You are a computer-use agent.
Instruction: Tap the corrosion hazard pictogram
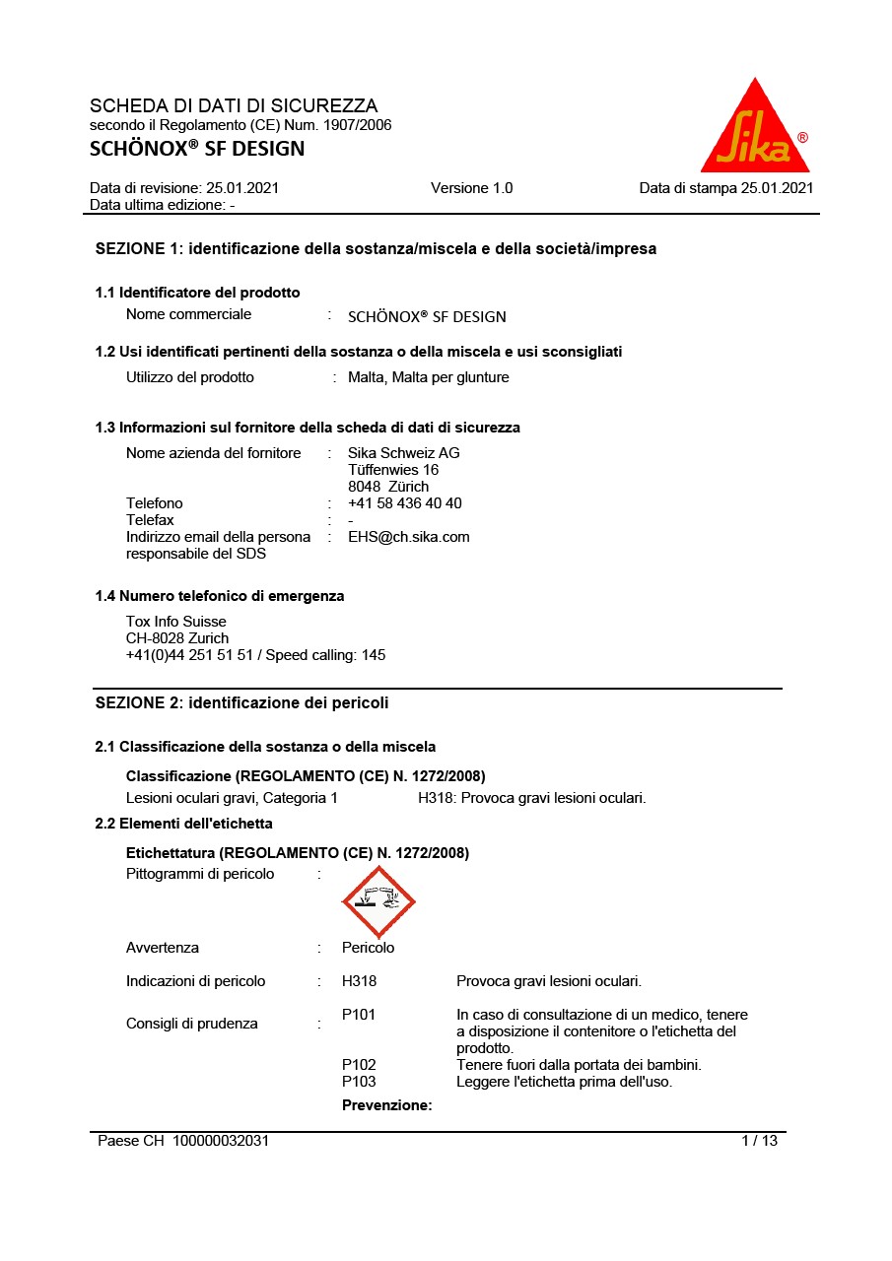378,901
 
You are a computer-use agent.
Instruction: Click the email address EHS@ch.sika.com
408,537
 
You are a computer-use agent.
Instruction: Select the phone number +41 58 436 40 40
404,503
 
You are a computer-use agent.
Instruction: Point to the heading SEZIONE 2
241,702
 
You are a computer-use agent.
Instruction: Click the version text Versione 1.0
471,188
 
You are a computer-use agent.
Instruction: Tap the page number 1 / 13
759,1141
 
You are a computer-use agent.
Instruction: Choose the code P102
359,1065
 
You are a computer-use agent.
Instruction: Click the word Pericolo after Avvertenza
368,948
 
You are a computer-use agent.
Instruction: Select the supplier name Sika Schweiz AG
403,453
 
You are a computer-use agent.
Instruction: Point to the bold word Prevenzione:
387,1105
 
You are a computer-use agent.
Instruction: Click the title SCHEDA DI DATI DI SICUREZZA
234,105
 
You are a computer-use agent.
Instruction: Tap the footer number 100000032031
221,1141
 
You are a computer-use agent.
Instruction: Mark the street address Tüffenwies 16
393,470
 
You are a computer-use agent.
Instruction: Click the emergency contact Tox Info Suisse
175,622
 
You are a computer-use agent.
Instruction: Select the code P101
359,1015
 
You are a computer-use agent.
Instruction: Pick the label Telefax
150,520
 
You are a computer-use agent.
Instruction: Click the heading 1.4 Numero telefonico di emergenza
220,596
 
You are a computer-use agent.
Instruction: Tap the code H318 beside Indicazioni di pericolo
359,981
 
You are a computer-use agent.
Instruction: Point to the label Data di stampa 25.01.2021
726,188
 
